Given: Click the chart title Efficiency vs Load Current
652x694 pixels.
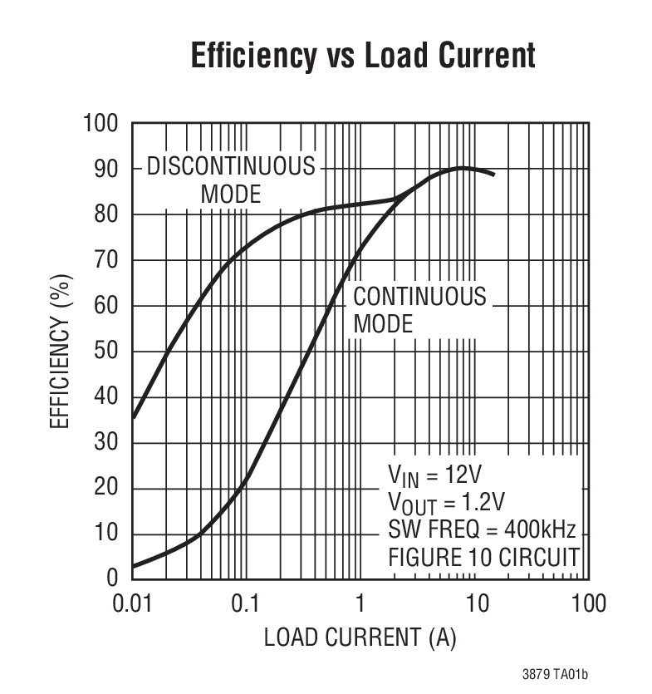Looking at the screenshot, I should click(363, 56).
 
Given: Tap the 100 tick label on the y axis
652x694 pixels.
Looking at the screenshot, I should click(100, 124).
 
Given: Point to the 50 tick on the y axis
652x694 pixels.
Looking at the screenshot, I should click(107, 352).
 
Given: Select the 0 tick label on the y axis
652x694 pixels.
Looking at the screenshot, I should click(114, 579).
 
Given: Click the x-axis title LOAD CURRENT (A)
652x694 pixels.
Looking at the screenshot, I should click(360, 638).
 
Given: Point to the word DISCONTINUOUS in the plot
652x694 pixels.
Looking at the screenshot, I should click(231, 167).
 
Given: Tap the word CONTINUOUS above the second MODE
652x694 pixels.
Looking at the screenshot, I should click(420, 297).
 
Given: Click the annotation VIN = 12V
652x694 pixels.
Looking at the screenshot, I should click(434, 475).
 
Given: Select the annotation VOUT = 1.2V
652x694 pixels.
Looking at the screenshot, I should click(446, 502).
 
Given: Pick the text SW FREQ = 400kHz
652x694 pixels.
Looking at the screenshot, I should click(482, 529).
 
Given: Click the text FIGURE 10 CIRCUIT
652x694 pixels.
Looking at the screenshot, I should click(483, 557).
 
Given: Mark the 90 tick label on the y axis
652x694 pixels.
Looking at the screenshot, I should click(107, 170).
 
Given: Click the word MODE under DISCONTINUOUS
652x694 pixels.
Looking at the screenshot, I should click(231, 194).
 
